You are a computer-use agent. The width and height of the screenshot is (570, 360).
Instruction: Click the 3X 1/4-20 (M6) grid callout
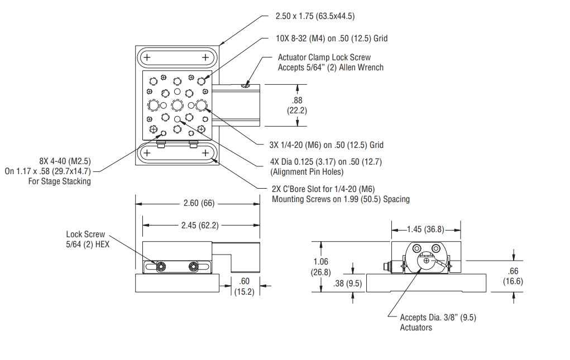(x=326, y=145)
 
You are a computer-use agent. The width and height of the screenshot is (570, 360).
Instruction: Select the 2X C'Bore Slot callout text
(x=341, y=194)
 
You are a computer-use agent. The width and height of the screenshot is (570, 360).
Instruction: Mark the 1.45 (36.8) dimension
(x=426, y=229)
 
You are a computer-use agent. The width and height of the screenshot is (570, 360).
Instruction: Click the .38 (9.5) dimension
(x=346, y=284)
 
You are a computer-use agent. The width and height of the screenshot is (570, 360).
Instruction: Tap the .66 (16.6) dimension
(x=512, y=276)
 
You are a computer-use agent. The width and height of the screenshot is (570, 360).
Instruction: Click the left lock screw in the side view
(x=161, y=267)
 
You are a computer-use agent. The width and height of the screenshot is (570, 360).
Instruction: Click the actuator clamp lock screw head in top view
(x=244, y=85)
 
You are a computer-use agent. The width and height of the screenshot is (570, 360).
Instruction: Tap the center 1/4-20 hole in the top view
(x=178, y=104)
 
